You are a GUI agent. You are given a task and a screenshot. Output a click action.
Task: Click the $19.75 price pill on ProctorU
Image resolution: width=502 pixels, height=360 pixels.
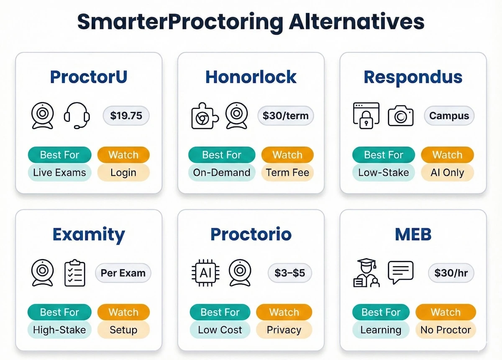coord(126,116)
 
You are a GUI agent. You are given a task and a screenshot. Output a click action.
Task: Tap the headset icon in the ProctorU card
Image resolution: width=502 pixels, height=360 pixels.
coord(77,116)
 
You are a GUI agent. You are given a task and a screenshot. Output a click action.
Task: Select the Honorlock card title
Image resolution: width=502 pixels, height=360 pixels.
coord(251,77)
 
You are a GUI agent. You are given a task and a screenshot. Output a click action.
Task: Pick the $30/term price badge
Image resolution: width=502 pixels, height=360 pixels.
coord(285,116)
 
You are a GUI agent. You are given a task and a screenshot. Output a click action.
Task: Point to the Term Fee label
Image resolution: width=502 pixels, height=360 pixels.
coord(287,172)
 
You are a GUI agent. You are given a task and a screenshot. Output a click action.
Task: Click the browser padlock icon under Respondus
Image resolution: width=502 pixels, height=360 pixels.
coord(366,115)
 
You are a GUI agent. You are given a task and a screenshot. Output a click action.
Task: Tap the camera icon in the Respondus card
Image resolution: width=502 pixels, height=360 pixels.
coord(400,116)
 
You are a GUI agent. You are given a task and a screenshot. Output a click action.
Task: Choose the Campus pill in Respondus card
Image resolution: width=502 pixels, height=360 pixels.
coord(449,116)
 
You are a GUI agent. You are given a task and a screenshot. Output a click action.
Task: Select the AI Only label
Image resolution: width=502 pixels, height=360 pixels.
coord(447,172)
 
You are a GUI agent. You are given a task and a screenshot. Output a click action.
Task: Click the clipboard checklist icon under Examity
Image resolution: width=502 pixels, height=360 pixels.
coord(75,273)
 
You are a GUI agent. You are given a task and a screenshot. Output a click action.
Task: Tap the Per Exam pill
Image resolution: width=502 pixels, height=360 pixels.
coord(123,273)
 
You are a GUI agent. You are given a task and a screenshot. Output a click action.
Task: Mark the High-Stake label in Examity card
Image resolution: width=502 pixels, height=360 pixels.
coord(59,329)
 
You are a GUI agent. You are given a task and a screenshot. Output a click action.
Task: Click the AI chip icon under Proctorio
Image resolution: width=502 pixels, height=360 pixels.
coord(205,273)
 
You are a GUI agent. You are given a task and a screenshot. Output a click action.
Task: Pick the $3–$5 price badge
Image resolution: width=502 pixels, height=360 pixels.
coord(290,273)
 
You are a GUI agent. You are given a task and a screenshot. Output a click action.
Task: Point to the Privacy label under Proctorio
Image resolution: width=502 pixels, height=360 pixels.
coord(284,329)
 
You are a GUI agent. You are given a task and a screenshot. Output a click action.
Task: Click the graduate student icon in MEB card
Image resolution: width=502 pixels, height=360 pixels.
coord(366,273)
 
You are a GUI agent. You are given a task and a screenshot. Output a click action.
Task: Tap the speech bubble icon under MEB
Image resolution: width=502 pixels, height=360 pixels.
coord(400,272)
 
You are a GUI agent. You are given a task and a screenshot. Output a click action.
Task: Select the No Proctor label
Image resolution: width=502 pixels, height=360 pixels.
coord(446,329)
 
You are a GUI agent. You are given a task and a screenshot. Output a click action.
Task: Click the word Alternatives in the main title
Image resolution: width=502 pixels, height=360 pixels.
coord(356,22)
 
